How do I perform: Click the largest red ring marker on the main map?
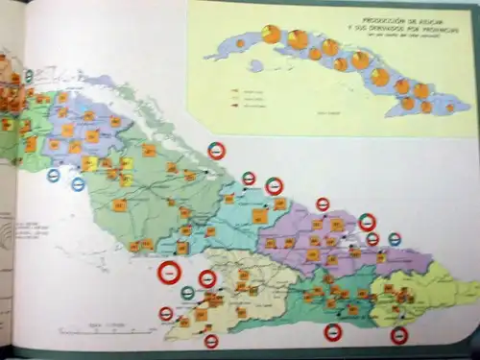169,274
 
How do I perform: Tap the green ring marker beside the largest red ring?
187,292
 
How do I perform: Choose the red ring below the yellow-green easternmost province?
399,335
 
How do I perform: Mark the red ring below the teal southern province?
333,332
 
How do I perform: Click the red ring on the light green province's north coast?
218,151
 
